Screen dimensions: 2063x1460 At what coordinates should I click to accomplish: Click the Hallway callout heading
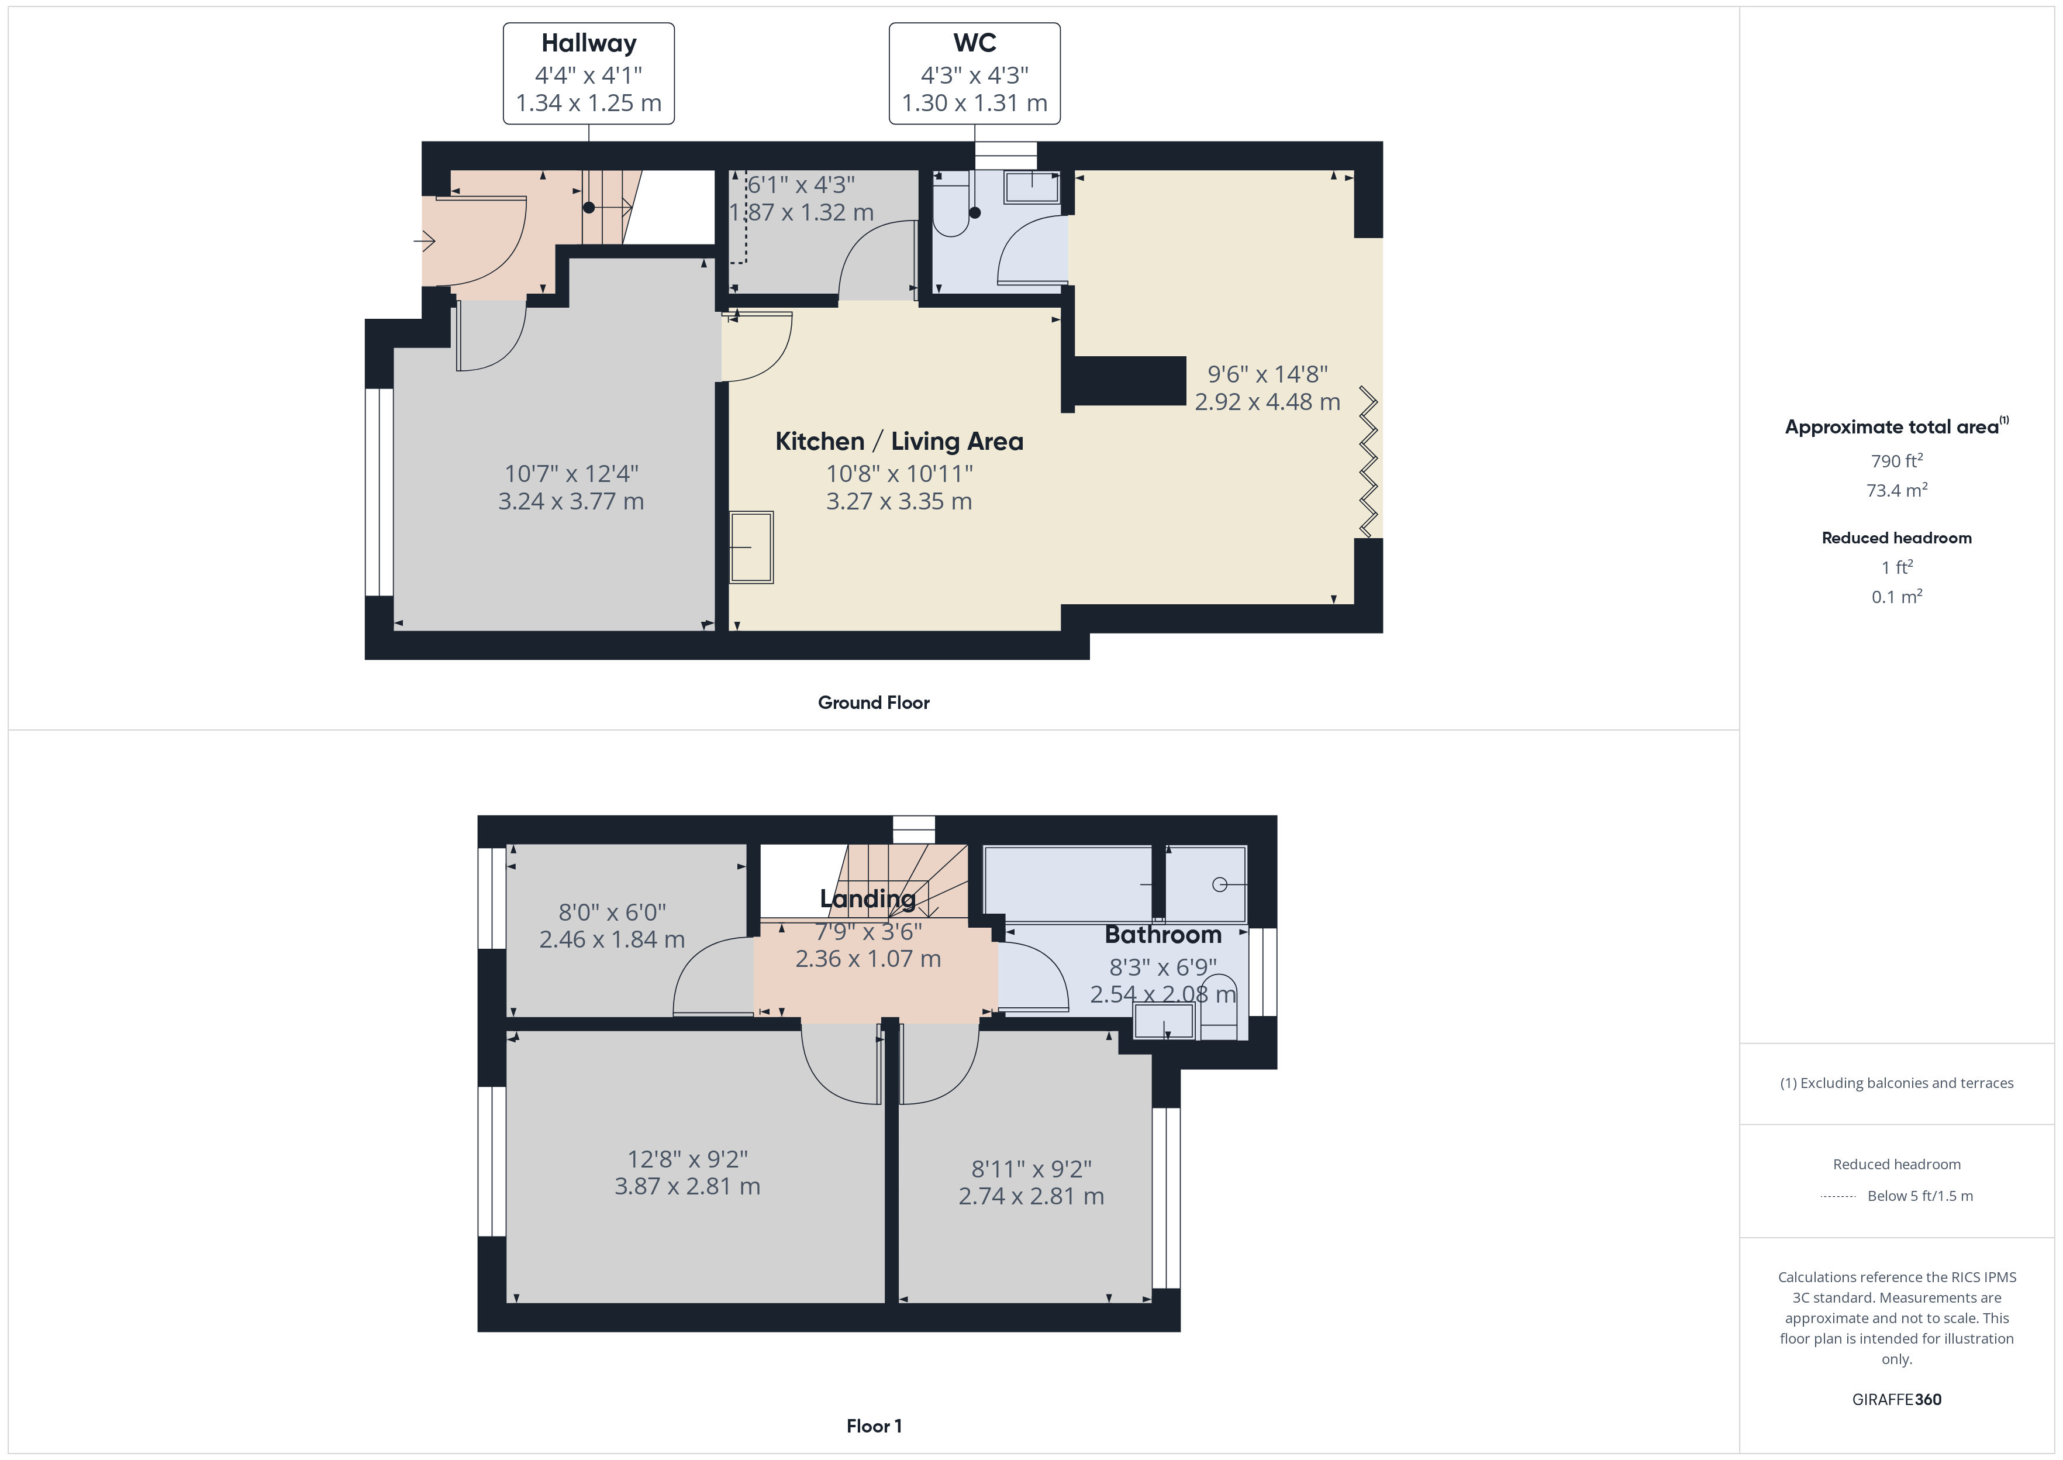(588, 43)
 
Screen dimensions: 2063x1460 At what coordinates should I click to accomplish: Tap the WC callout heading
(974, 43)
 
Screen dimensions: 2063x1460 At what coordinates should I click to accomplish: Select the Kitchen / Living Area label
(899, 442)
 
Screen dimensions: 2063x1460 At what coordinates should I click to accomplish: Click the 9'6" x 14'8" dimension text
(1267, 374)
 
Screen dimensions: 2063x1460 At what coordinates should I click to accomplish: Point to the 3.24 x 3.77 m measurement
(571, 502)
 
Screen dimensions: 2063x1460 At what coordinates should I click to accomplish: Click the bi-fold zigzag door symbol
(1368, 461)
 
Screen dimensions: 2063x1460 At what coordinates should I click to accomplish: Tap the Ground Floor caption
(874, 703)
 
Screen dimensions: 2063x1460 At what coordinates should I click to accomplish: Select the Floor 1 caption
(874, 1426)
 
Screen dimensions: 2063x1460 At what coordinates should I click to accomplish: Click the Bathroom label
(1162, 935)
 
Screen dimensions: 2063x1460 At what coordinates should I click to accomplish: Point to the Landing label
(868, 899)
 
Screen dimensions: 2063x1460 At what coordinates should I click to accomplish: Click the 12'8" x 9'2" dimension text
(687, 1160)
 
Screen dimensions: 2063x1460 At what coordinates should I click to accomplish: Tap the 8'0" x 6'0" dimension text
(612, 912)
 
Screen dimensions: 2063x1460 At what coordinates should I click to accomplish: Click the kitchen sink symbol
(751, 547)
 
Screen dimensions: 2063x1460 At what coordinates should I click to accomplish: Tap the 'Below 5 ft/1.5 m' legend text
(1920, 1196)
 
